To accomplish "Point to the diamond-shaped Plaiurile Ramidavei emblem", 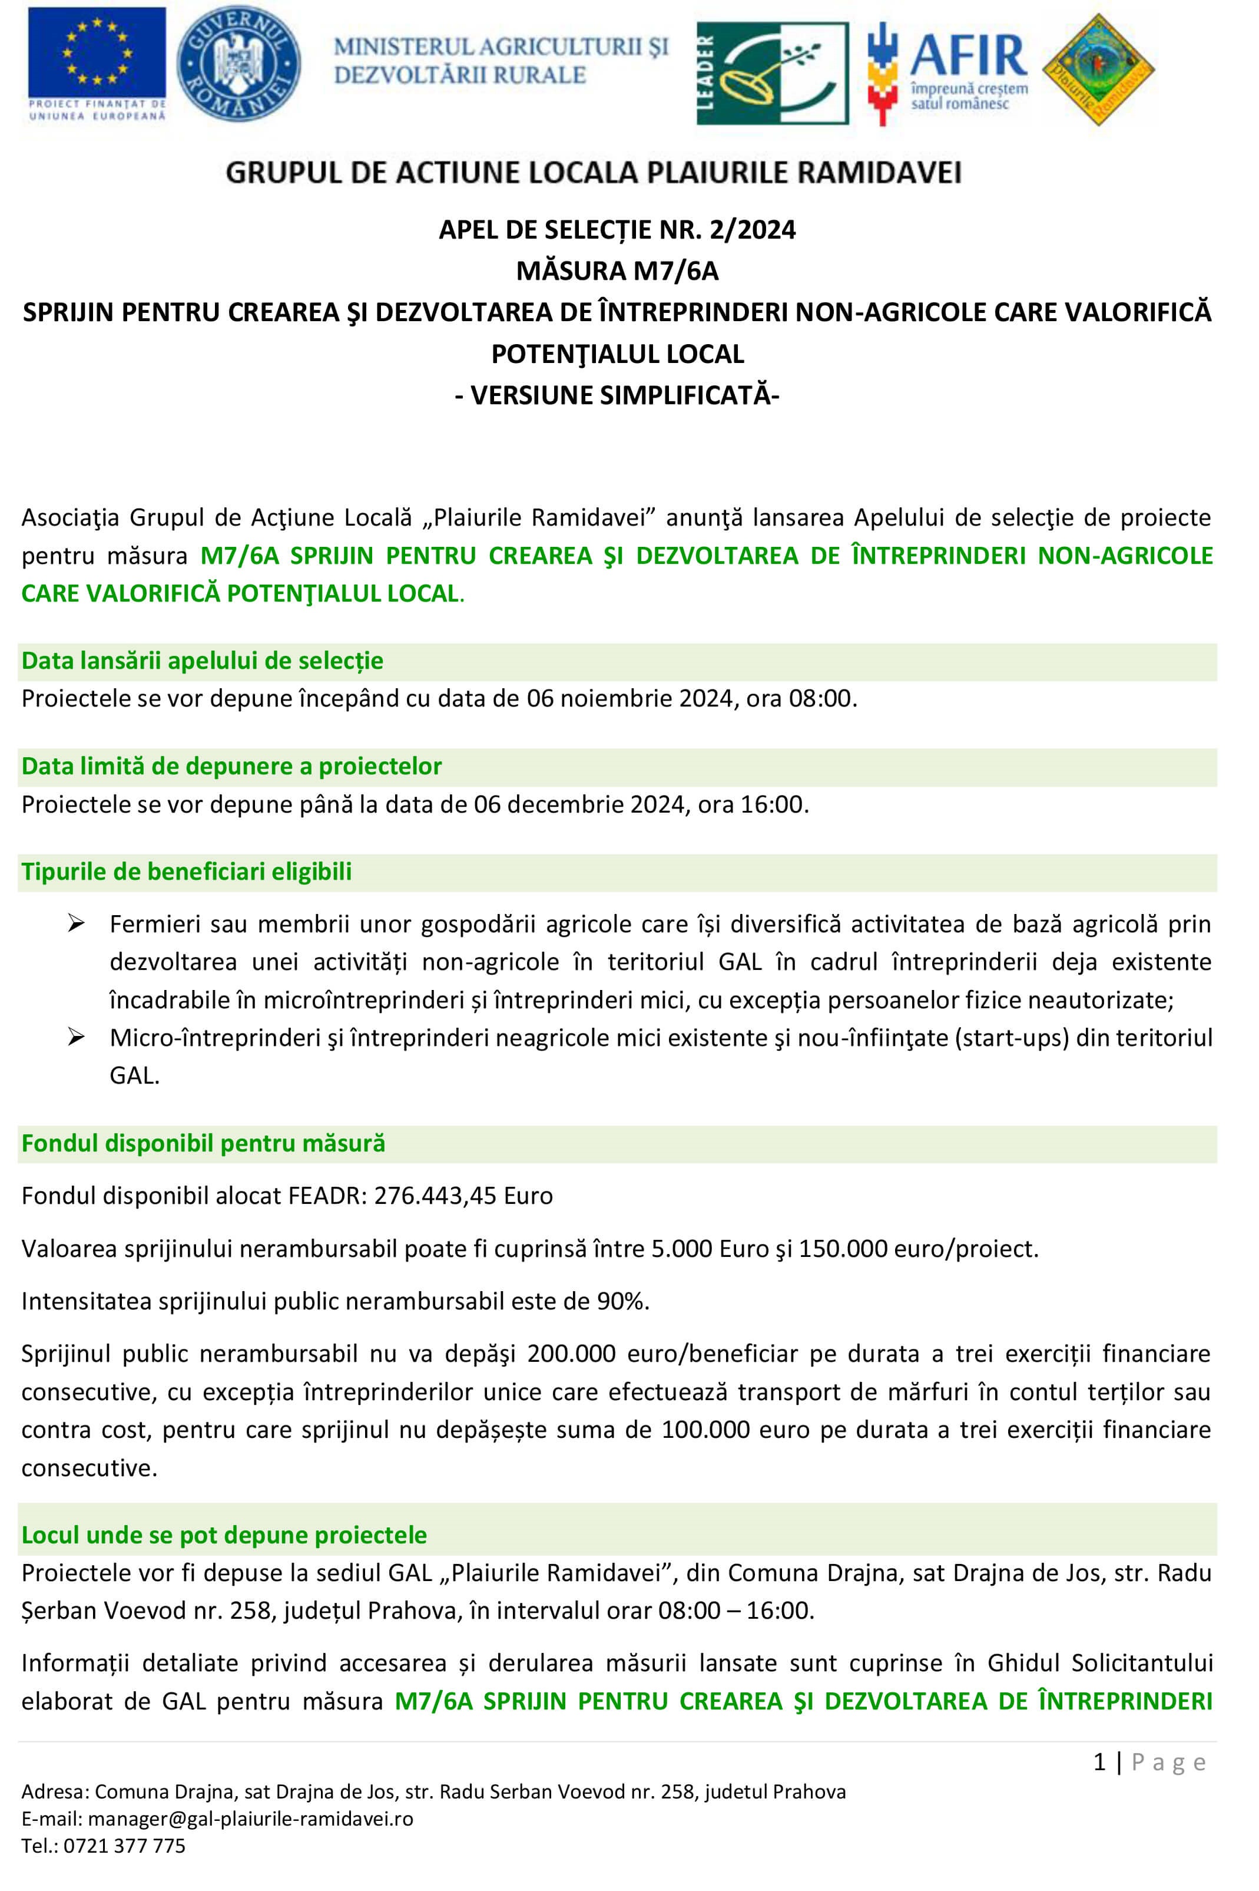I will pyautogui.click(x=1098, y=70).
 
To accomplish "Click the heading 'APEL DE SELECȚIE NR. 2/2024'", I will pyautogui.click(x=617, y=230).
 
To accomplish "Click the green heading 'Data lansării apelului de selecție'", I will pyautogui.click(x=203, y=661).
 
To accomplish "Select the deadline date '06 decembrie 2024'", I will pyautogui.click(x=578, y=804).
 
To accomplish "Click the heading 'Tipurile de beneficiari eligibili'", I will pyautogui.click(x=186, y=872).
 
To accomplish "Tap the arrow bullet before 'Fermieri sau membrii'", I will pyautogui.click(x=77, y=925).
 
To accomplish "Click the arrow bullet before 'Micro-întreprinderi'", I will pyautogui.click(x=77, y=1038).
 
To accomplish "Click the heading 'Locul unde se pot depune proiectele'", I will pyautogui.click(x=224, y=1535).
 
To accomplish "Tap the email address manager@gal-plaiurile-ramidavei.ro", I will pyautogui.click(x=250, y=1819).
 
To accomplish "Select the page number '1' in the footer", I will pyautogui.click(x=1100, y=1763).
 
